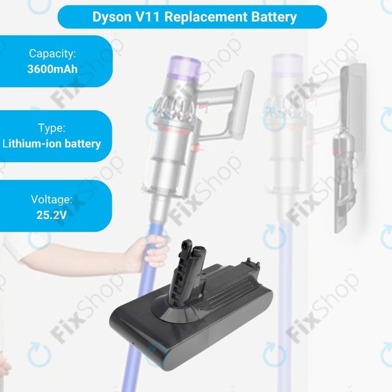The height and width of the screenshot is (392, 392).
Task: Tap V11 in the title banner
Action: coord(146,16)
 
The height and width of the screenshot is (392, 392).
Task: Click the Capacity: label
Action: coord(52,54)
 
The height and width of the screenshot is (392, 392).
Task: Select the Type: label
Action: coord(52,128)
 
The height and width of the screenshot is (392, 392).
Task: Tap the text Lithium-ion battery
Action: coord(52,144)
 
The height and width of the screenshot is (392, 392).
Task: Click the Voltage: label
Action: coord(52,199)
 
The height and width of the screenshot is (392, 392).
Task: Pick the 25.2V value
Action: coord(52,215)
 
